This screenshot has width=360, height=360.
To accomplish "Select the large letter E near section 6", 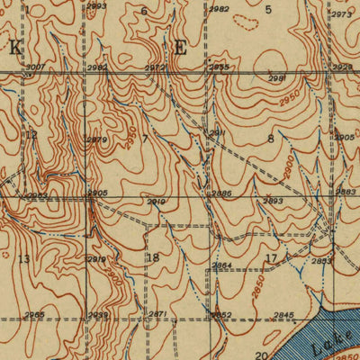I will pyautogui.click(x=180, y=48).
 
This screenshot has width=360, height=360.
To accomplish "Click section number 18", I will pyautogui.click(x=153, y=257).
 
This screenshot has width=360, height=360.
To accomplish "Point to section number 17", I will pyautogui.click(x=271, y=258).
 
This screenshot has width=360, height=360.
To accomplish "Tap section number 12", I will pyautogui.click(x=31, y=135).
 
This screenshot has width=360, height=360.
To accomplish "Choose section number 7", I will pyautogui.click(x=144, y=139).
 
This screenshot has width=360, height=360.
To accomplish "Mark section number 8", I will pyautogui.click(x=270, y=138).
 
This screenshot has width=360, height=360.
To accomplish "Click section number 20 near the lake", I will pyautogui.click(x=260, y=355).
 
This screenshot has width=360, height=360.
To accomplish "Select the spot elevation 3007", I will pyautogui.click(x=35, y=67).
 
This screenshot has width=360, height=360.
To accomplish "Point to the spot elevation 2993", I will pyautogui.click(x=97, y=6).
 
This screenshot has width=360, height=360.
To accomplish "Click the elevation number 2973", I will pyautogui.click(x=340, y=15).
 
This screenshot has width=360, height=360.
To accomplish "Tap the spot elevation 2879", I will pyautogui.click(x=97, y=139).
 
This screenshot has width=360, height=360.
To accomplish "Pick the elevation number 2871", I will pyautogui.click(x=157, y=314).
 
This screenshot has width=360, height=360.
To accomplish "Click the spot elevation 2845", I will pyautogui.click(x=283, y=314).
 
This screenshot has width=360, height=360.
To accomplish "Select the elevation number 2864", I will pyautogui.click(x=221, y=265).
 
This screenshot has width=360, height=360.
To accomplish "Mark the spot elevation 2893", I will pyautogui.click(x=274, y=201).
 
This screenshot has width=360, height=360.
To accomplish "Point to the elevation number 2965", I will pyautogui.click(x=34, y=314).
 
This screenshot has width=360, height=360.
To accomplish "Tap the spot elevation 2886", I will pyautogui.click(x=221, y=193).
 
